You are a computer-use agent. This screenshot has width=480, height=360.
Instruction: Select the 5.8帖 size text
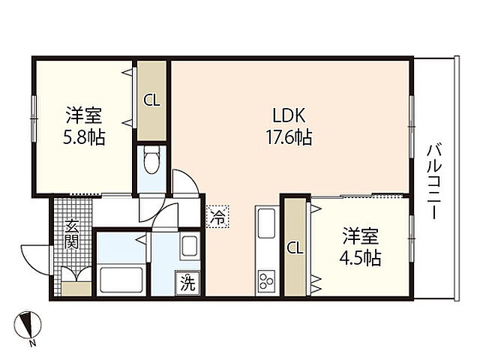pyautogui.click(x=83, y=137)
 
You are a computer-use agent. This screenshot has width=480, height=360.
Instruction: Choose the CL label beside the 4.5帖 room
pyautogui.click(x=295, y=248)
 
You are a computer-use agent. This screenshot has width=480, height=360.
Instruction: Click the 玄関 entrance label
pyautogui.click(x=71, y=233)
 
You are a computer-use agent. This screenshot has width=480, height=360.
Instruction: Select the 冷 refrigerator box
pyautogui.click(x=216, y=217)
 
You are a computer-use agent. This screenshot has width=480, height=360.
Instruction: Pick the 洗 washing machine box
pyautogui.click(x=187, y=283)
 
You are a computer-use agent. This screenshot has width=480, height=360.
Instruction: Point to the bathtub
pyautogui.click(x=121, y=280)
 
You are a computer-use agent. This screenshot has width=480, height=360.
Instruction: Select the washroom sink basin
pyautogui.click(x=188, y=246)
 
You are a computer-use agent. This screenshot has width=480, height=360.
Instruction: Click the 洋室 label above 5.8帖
pyautogui.click(x=83, y=116)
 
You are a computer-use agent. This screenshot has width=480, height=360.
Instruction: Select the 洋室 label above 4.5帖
pyautogui.click(x=361, y=235)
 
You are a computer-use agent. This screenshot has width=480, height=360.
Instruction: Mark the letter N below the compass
pyautogui.click(x=32, y=344)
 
